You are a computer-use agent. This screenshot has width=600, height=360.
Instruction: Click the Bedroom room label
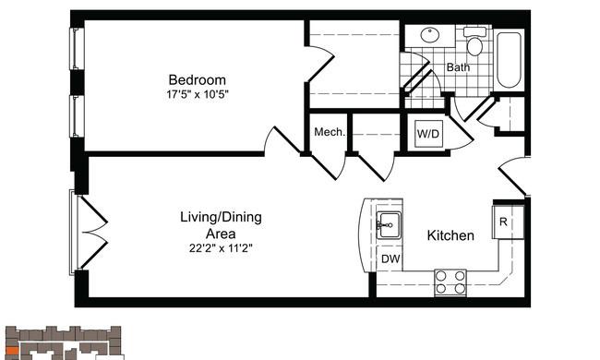click(x=197, y=80)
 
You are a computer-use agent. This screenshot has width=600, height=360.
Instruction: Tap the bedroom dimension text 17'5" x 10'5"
click(x=198, y=94)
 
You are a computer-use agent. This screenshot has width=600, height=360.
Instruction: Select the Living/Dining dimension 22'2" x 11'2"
click(x=221, y=248)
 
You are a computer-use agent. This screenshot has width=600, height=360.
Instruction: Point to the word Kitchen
click(x=450, y=235)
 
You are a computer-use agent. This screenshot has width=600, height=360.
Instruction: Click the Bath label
click(x=458, y=67)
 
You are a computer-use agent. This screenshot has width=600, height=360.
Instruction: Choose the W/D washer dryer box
click(x=428, y=134)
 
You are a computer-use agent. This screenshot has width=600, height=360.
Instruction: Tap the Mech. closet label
click(x=330, y=132)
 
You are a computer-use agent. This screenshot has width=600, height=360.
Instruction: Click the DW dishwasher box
click(x=390, y=258)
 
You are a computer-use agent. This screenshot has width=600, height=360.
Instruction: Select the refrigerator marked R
click(x=509, y=222)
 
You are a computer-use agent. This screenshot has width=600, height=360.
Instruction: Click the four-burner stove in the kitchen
click(x=450, y=282)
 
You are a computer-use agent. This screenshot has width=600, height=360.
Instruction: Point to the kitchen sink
click(x=389, y=225)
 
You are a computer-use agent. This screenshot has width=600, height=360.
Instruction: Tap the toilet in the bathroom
click(x=474, y=42)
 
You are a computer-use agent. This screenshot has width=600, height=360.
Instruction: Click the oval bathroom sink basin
click(x=430, y=35)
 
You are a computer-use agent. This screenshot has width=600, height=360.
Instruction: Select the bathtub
click(x=509, y=60)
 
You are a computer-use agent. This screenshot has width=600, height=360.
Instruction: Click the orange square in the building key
click(x=13, y=351)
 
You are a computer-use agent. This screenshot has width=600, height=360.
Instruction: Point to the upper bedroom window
click(x=77, y=49)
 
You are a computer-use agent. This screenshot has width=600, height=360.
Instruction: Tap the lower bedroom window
click(x=77, y=116)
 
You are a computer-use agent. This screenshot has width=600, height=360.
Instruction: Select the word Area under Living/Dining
click(x=221, y=234)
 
